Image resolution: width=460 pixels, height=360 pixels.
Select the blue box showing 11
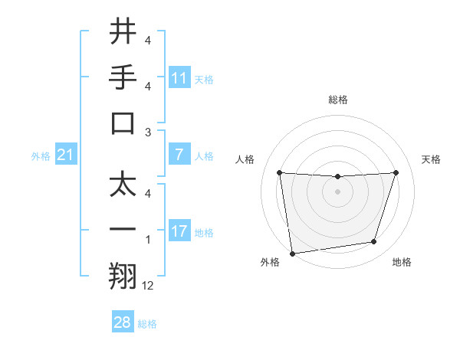pyautogui.click(x=179, y=78)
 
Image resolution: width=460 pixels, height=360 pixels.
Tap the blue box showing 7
pyautogui.click(x=179, y=155)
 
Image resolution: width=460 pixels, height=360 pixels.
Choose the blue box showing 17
pyautogui.click(x=179, y=231)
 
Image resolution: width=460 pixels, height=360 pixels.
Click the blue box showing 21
pyautogui.click(x=65, y=155)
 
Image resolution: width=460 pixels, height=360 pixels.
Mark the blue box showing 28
pyautogui.click(x=122, y=322)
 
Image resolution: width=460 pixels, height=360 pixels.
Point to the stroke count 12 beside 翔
pyautogui.click(x=148, y=286)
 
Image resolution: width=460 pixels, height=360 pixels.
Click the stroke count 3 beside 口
pyautogui.click(x=147, y=132)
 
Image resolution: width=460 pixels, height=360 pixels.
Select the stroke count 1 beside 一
pyautogui.click(x=147, y=240)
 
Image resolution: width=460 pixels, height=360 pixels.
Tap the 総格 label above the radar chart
pyautogui.click(x=337, y=100)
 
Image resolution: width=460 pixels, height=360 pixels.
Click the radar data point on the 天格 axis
pyautogui.click(x=396, y=172)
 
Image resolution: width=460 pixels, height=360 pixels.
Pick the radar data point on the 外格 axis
pyautogui.click(x=292, y=253)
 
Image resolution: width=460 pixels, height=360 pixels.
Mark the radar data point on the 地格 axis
pyautogui.click(x=374, y=242)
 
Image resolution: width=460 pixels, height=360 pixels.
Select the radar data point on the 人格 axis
pyautogui.click(x=279, y=172)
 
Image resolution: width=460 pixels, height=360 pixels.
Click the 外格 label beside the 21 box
pyautogui.click(x=41, y=156)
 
